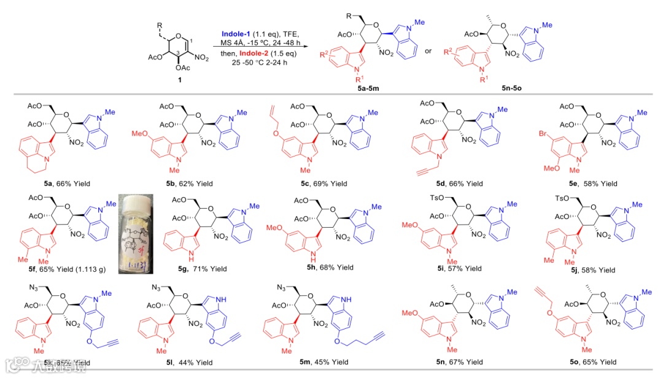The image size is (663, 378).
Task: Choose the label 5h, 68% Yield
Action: (x=320, y=268)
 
